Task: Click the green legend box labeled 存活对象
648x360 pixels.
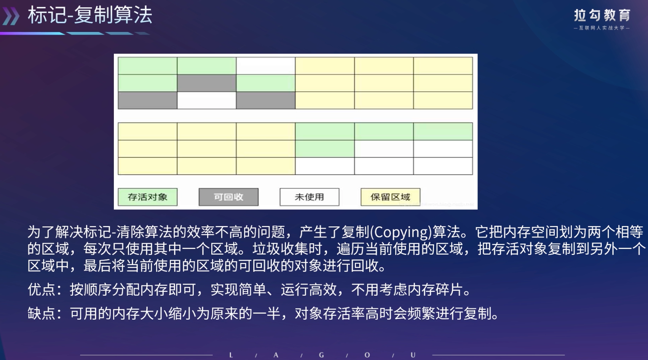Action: (x=148, y=197)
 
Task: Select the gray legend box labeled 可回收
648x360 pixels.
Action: (x=228, y=197)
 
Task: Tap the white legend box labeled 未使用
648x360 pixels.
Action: (x=309, y=197)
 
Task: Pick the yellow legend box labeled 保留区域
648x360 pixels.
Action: (x=390, y=197)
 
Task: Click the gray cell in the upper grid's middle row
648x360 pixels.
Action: (x=207, y=83)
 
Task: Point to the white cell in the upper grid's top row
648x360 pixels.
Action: (x=266, y=66)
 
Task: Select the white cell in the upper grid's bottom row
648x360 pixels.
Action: (x=207, y=100)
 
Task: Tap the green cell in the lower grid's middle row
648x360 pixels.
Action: (x=325, y=149)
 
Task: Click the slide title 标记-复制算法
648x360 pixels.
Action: (x=90, y=15)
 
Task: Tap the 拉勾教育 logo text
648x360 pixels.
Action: (x=602, y=16)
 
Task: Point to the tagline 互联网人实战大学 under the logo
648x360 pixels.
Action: (x=602, y=28)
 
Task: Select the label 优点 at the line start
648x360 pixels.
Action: (x=41, y=290)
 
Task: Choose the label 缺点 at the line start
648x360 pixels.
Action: (x=41, y=314)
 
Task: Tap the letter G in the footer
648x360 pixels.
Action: (x=321, y=355)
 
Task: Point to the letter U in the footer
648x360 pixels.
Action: (x=413, y=355)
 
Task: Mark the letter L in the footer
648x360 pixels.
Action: (x=231, y=355)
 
